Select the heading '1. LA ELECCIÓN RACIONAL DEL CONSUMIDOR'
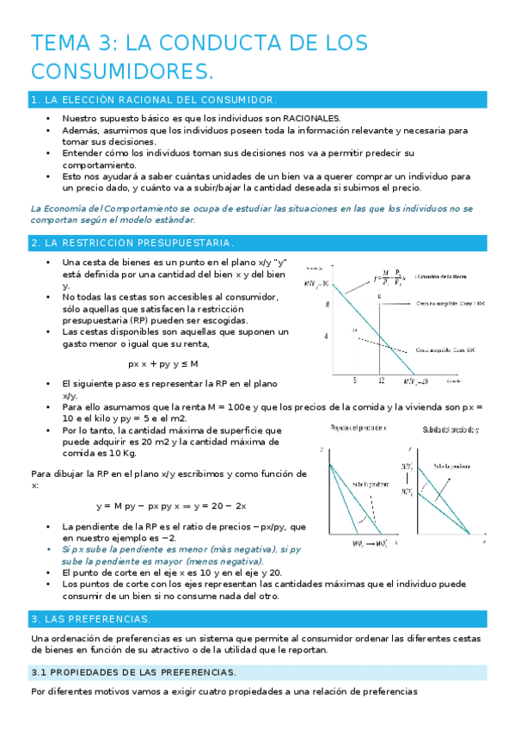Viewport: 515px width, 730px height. [153, 101]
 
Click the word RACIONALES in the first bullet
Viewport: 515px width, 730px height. [307, 118]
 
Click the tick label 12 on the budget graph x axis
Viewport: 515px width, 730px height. [379, 380]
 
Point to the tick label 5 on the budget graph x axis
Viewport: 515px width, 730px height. [355, 380]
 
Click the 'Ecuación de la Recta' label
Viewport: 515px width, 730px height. [444, 276]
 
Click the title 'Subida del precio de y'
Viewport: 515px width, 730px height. [451, 429]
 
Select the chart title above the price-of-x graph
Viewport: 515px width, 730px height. [359, 428]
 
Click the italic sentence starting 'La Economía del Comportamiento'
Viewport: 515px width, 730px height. [251, 214]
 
